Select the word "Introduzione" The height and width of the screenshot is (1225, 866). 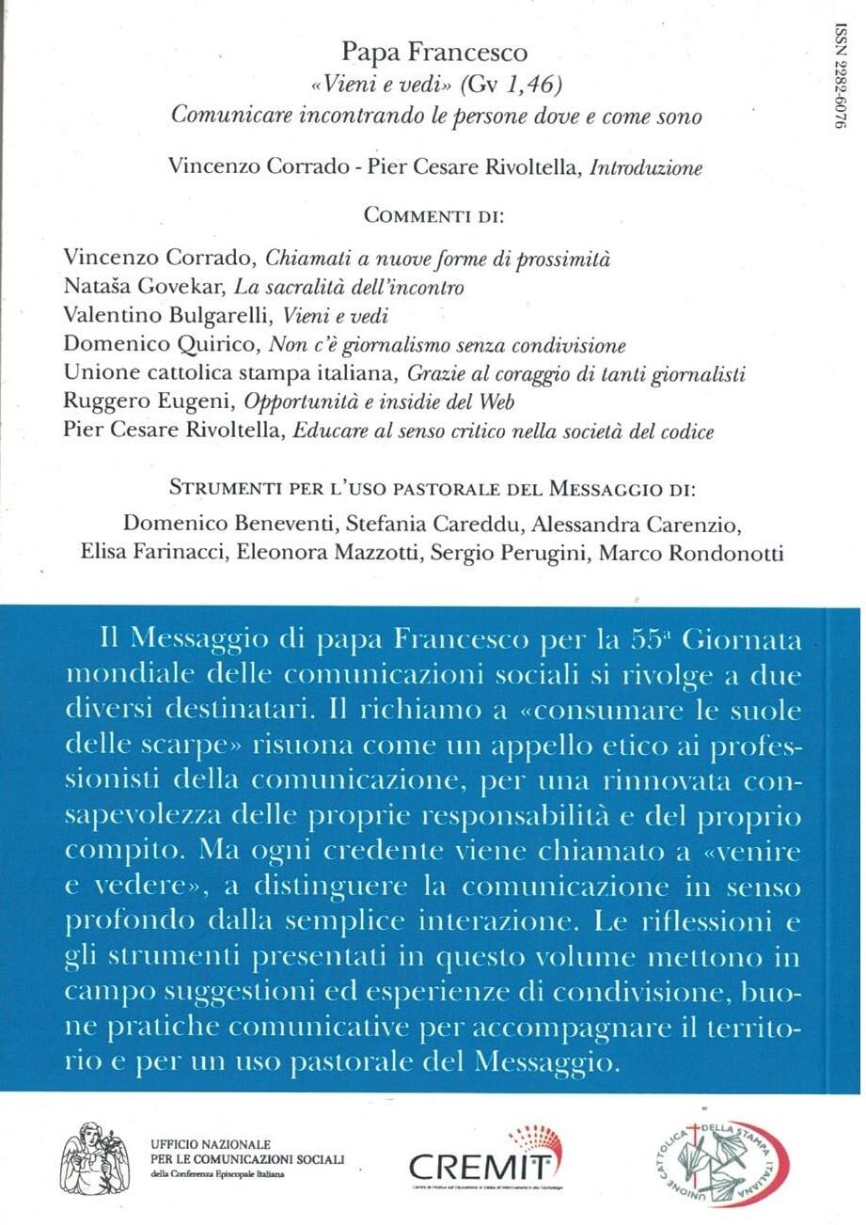[x=646, y=168]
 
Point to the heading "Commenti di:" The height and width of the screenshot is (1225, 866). [x=433, y=217]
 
